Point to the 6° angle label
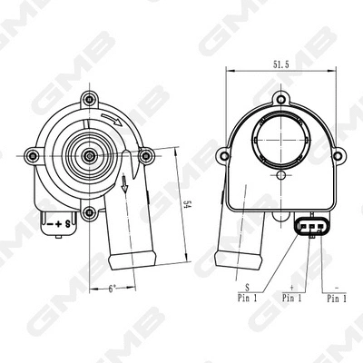pyautogui.click(x=112, y=289)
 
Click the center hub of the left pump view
pyautogui.click(x=90, y=156)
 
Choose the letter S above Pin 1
pyautogui.click(x=247, y=285)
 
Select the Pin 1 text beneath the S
pyautogui.click(x=246, y=297)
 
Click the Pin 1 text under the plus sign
pyautogui.click(x=293, y=297)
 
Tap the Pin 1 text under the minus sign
pyautogui.click(x=336, y=297)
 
